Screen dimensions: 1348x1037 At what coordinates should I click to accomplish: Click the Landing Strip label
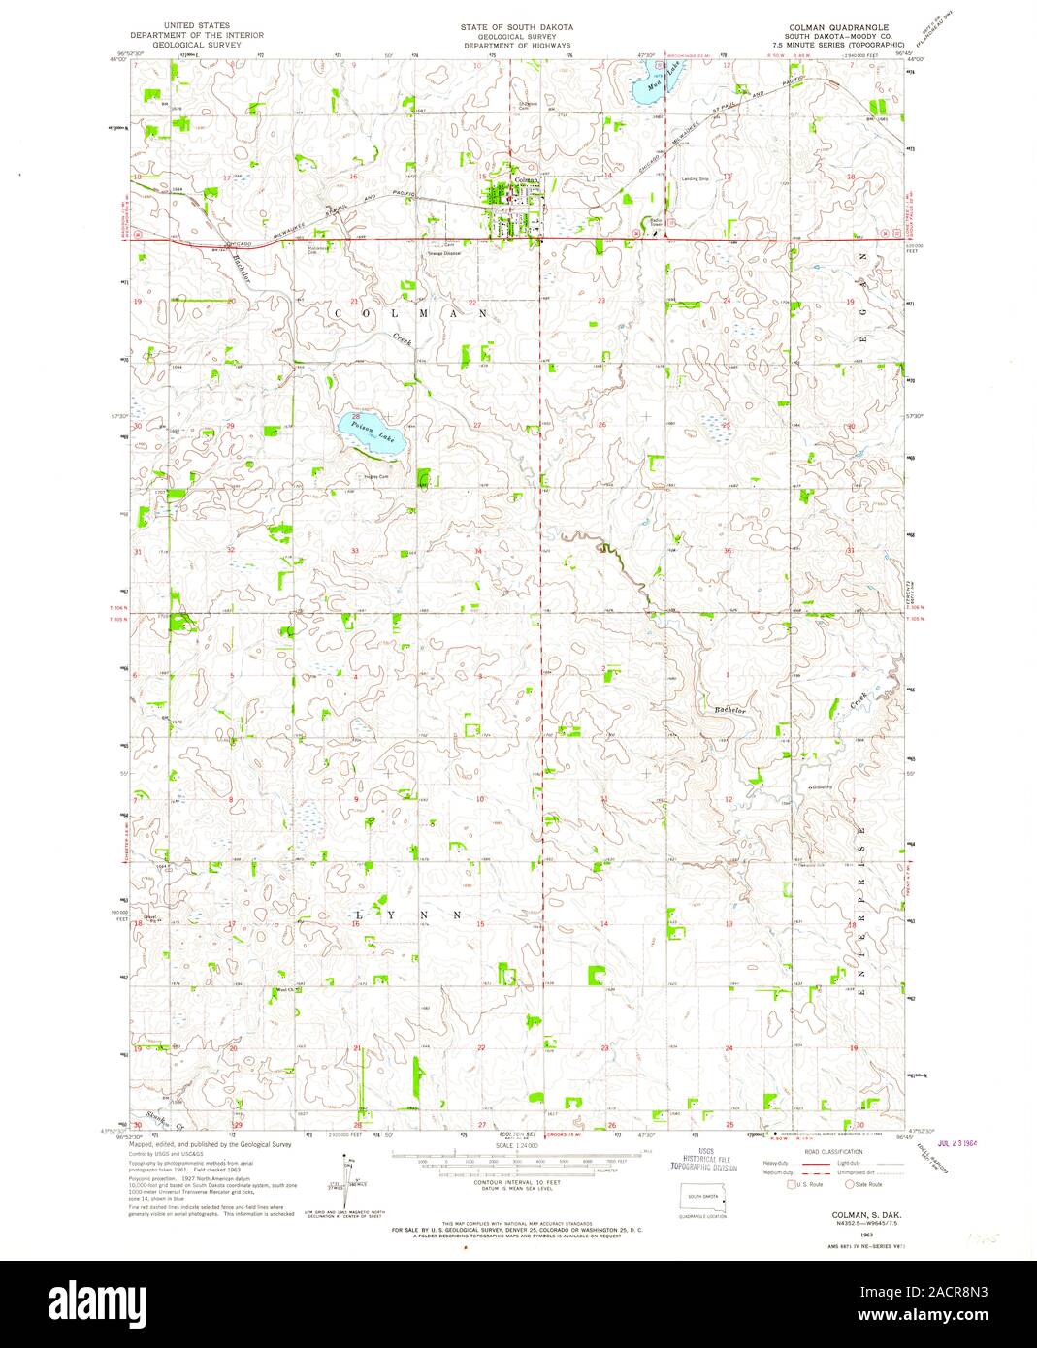click(696, 179)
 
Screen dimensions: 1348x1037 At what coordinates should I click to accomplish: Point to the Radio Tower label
click(657, 222)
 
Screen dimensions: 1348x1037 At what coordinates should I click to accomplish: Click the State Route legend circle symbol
click(850, 1184)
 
